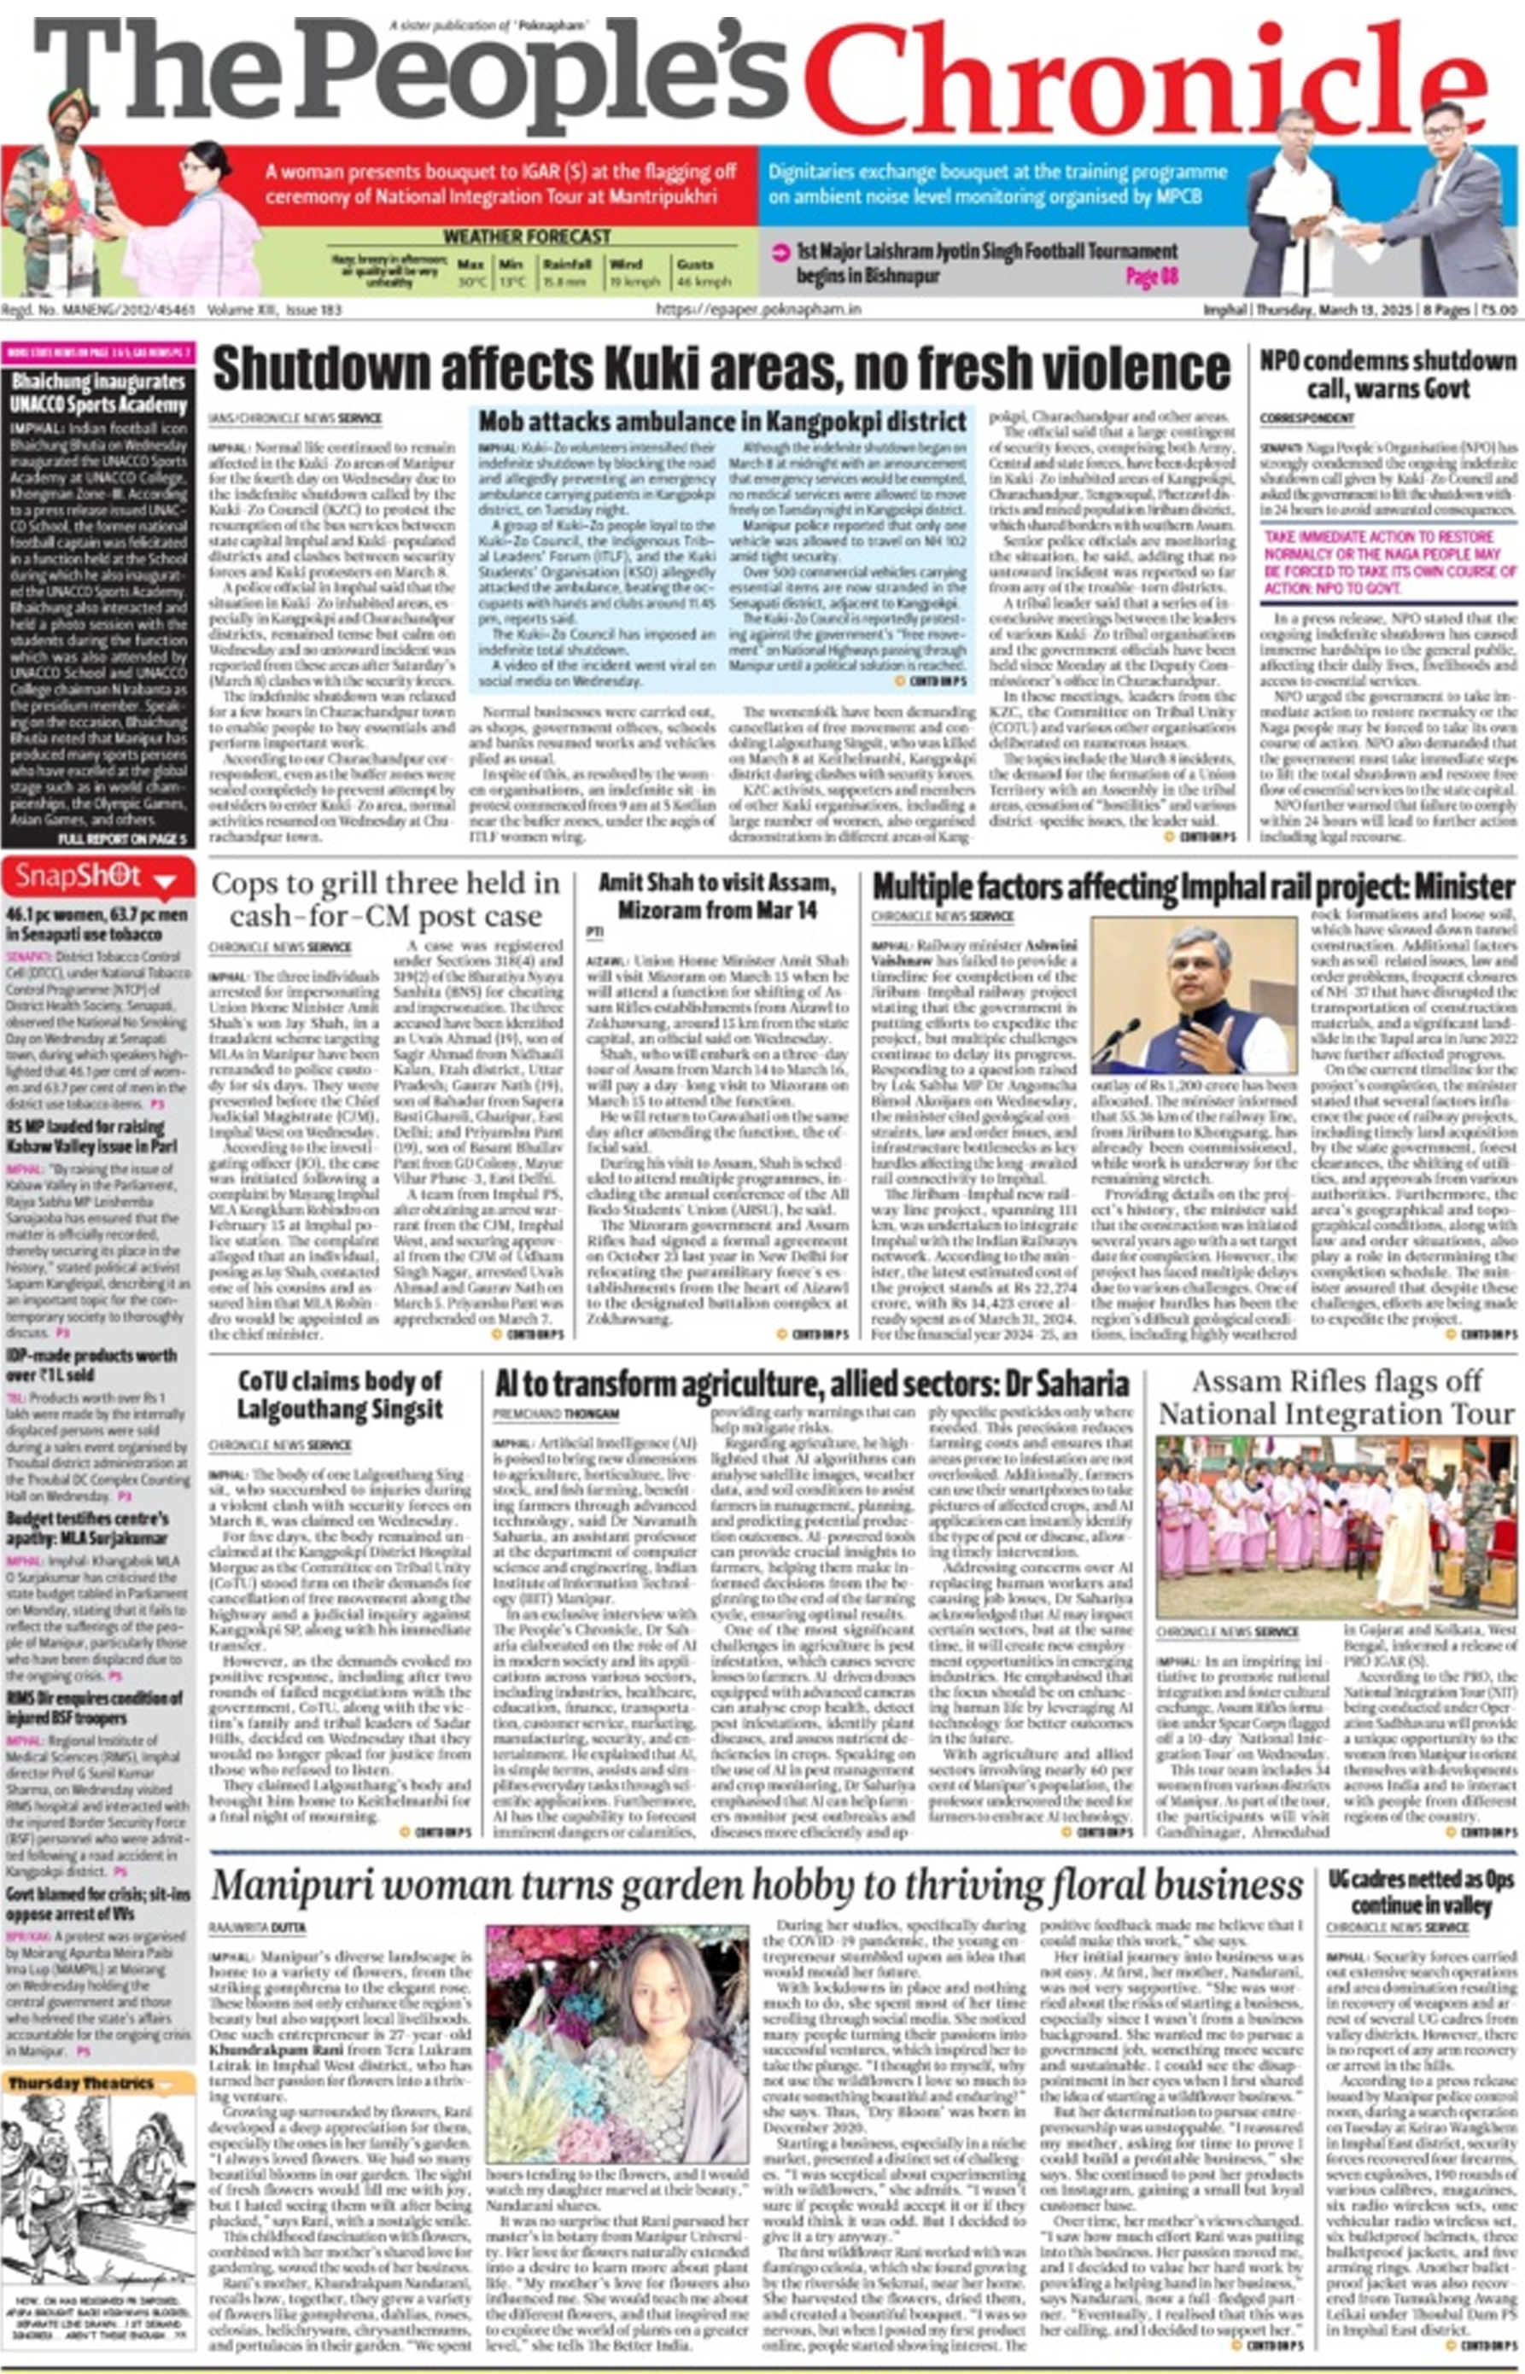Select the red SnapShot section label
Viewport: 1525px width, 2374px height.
point(95,878)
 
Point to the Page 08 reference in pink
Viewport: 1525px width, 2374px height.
point(1152,277)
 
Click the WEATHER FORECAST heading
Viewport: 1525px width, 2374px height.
point(526,236)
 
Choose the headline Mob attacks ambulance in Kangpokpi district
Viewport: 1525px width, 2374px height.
point(722,422)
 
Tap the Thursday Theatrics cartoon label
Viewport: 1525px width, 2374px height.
point(81,2083)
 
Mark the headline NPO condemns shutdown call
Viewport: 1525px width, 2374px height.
point(1387,373)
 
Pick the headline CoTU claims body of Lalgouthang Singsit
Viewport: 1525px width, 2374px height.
point(340,1395)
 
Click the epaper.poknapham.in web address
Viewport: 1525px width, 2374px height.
point(758,310)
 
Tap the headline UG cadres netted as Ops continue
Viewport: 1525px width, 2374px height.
point(1420,1892)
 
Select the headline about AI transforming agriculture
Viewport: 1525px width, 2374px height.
point(811,1383)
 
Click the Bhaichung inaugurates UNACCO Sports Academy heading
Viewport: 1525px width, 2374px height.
point(98,393)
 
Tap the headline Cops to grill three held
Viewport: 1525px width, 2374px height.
point(385,899)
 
